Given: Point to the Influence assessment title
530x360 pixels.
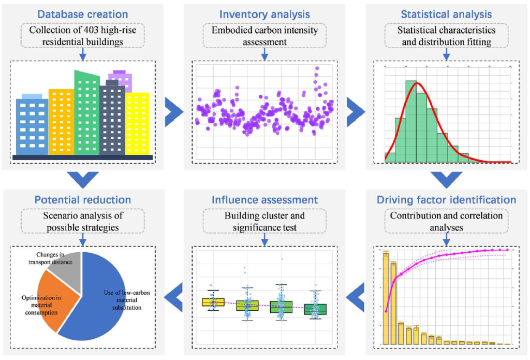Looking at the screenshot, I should pos(264,199).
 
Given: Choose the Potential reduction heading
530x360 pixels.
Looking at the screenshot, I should pos(83,199).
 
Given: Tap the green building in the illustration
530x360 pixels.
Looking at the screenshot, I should pos(87,114).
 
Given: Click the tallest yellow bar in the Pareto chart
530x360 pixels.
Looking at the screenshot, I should pos(386,298).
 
